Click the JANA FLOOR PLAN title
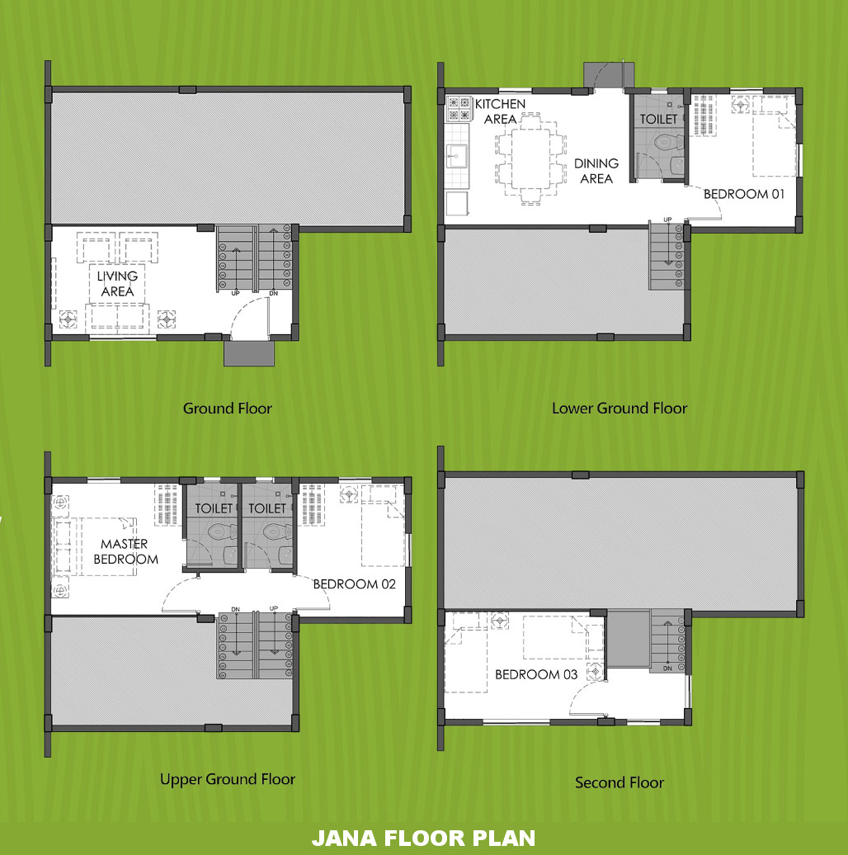(x=423, y=838)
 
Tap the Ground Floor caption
(x=227, y=409)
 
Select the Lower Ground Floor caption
(x=620, y=409)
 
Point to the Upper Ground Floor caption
(x=227, y=780)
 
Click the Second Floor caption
(x=620, y=783)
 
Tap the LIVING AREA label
(x=117, y=284)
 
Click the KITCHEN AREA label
(x=500, y=111)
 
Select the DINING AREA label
(x=596, y=171)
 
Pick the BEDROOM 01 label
(x=744, y=194)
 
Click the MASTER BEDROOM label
(x=125, y=551)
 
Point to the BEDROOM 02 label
(x=354, y=584)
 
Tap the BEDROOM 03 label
(x=535, y=674)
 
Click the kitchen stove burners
(x=459, y=108)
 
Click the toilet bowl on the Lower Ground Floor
(x=668, y=143)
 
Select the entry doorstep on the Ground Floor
(x=249, y=352)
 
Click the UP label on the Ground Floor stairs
(x=235, y=293)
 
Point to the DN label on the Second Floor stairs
(x=667, y=668)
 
